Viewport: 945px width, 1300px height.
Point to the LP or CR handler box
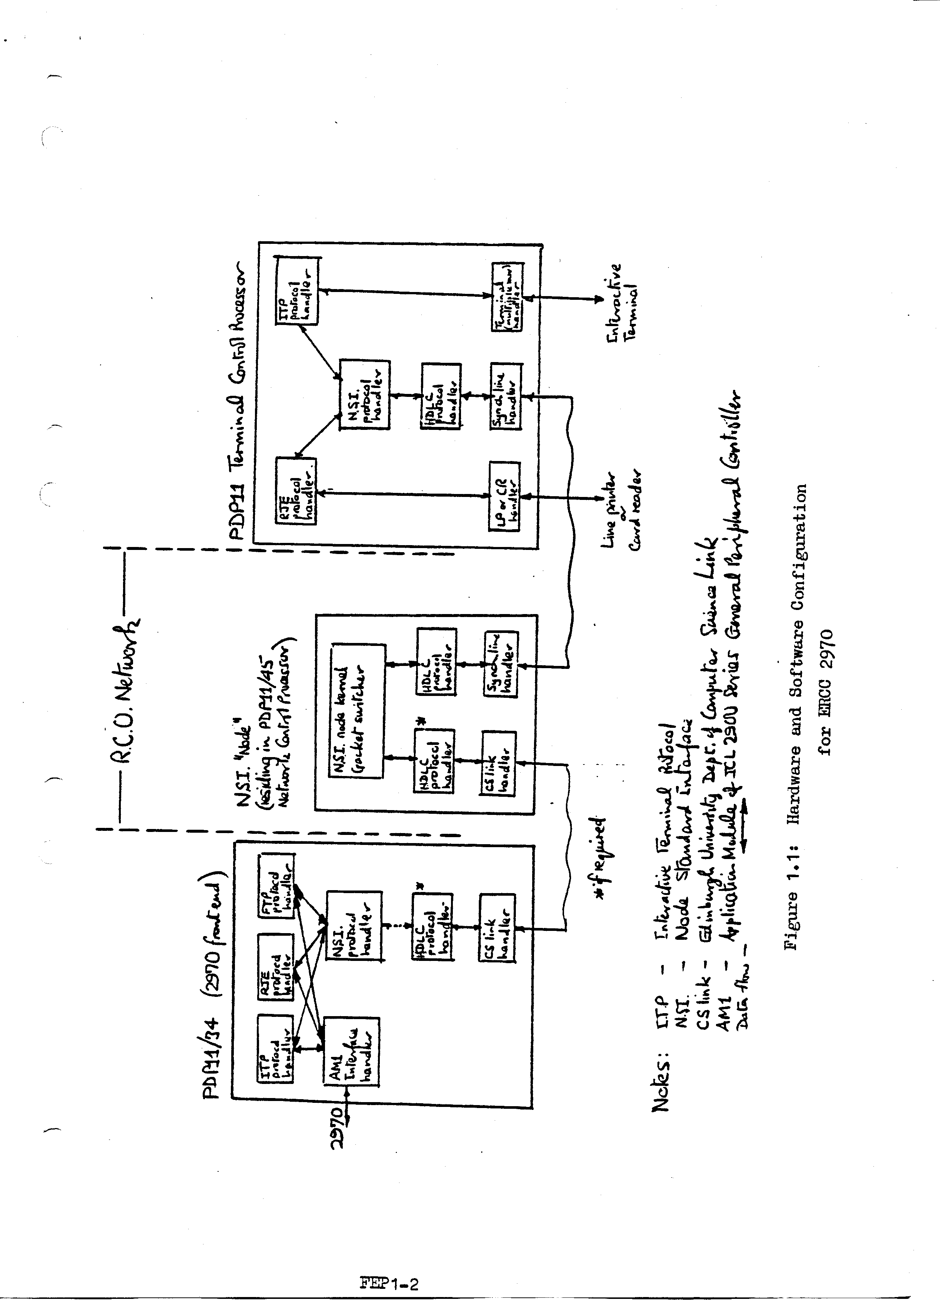pyautogui.click(x=504, y=496)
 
